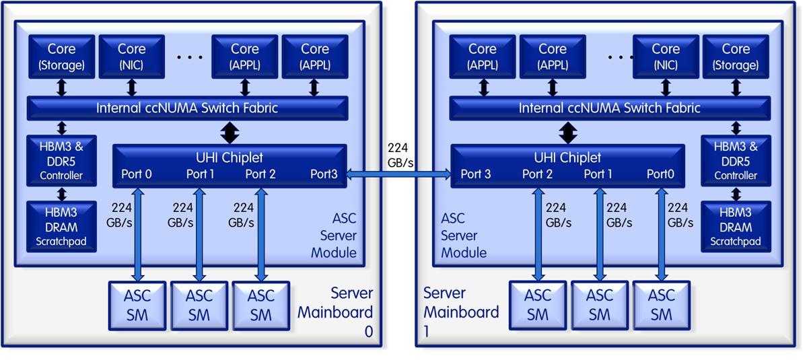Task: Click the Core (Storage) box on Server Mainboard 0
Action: click(x=61, y=57)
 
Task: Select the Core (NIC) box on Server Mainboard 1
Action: click(x=666, y=57)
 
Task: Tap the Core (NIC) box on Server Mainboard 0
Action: click(x=131, y=57)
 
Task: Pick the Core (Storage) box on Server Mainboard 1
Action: click(x=736, y=57)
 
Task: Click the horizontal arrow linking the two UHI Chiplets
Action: click(x=397, y=175)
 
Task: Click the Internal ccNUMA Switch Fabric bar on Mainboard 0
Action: click(x=187, y=108)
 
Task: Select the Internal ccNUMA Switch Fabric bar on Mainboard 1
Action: click(x=610, y=108)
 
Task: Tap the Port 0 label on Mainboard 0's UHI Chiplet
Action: click(x=137, y=175)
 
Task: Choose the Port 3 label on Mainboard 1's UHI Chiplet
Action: click(x=476, y=175)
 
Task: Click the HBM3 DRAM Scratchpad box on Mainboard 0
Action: click(x=61, y=226)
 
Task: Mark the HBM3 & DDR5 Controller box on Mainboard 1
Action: click(x=736, y=160)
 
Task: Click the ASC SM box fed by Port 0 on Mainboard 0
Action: click(x=137, y=305)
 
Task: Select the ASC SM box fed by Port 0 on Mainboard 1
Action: click(x=662, y=305)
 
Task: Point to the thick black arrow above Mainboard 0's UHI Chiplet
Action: click(x=230, y=133)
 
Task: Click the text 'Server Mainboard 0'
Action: click(x=337, y=312)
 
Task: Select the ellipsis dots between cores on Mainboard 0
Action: click(x=190, y=58)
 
